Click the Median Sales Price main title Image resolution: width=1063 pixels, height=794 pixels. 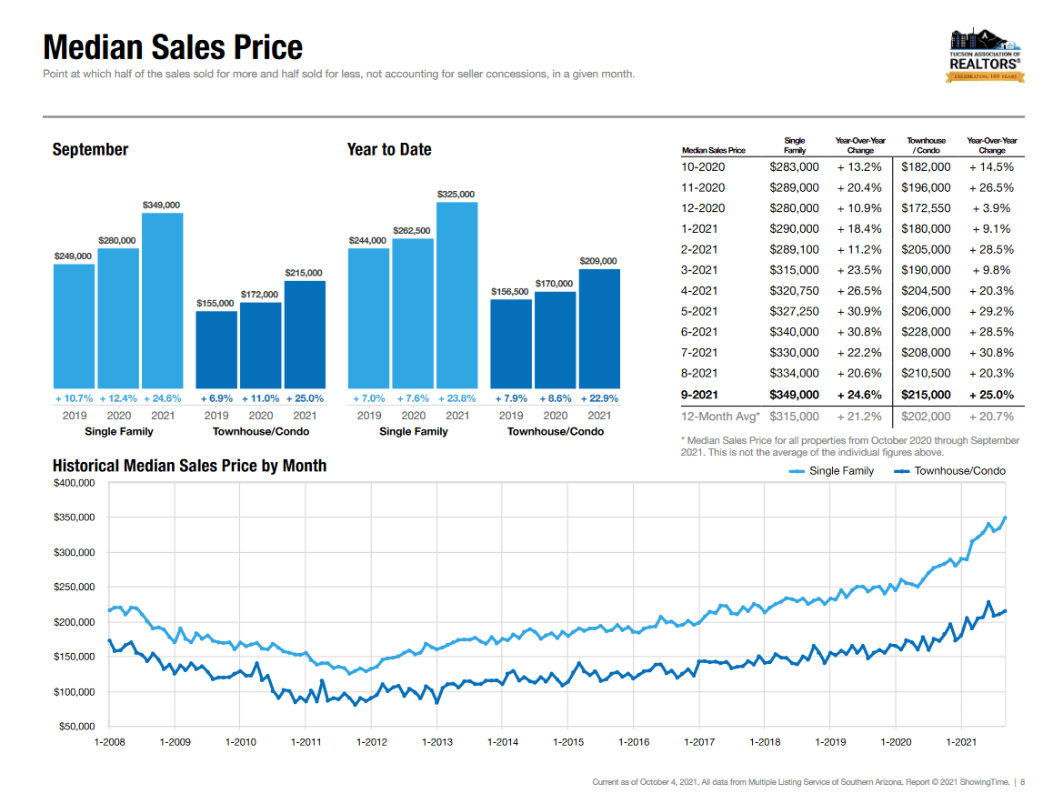click(x=173, y=47)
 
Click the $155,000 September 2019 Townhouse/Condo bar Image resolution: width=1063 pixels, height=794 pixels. click(x=216, y=349)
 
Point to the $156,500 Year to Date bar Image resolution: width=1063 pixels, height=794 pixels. click(x=511, y=343)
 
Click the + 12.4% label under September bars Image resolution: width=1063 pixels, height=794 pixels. click(x=118, y=398)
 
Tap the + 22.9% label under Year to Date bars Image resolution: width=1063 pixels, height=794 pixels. click(x=598, y=398)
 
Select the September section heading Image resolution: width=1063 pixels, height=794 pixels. click(x=90, y=149)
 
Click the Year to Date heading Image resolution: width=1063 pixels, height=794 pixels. click(x=389, y=149)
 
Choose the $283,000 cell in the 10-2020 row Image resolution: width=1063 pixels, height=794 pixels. click(x=794, y=167)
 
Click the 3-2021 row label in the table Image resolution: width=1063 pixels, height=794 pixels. click(x=699, y=270)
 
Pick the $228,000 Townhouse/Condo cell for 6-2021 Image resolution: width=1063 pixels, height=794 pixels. click(x=926, y=332)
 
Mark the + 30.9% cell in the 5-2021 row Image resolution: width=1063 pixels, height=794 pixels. click(x=859, y=311)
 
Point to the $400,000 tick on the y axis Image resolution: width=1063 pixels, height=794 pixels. click(x=75, y=483)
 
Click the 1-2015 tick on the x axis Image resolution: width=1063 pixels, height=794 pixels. click(x=568, y=742)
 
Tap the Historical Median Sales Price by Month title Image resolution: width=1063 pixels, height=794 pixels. click(x=189, y=466)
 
